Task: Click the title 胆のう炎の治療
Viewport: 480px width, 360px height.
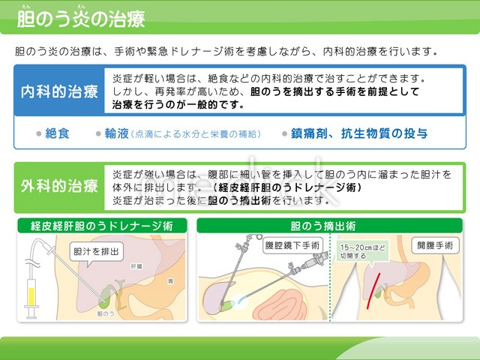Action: tap(81, 19)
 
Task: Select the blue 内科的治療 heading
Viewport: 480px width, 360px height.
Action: tap(59, 91)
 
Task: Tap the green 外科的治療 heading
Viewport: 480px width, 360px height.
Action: tap(59, 186)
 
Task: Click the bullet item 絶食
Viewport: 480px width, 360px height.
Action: tap(57, 133)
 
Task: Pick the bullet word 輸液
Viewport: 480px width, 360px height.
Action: tap(117, 133)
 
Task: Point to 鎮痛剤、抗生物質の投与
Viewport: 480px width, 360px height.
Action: tap(359, 133)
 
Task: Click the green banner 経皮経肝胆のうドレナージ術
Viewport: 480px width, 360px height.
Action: tap(102, 226)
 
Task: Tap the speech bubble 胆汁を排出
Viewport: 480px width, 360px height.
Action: tap(96, 252)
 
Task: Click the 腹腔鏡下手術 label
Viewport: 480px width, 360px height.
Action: tap(292, 245)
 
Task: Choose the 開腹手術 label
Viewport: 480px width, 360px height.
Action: tap(435, 245)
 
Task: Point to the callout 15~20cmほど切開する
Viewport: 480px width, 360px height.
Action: tap(363, 251)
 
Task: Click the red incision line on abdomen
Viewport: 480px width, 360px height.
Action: tap(373, 291)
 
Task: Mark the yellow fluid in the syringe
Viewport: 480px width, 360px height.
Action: tap(31, 296)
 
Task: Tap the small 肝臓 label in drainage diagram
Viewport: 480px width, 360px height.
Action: tap(136, 266)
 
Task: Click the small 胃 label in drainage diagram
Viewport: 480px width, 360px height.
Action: tap(170, 281)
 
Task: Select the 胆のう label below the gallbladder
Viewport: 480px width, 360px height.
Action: tap(106, 313)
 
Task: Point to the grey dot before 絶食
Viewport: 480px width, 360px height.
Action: tap(39, 133)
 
